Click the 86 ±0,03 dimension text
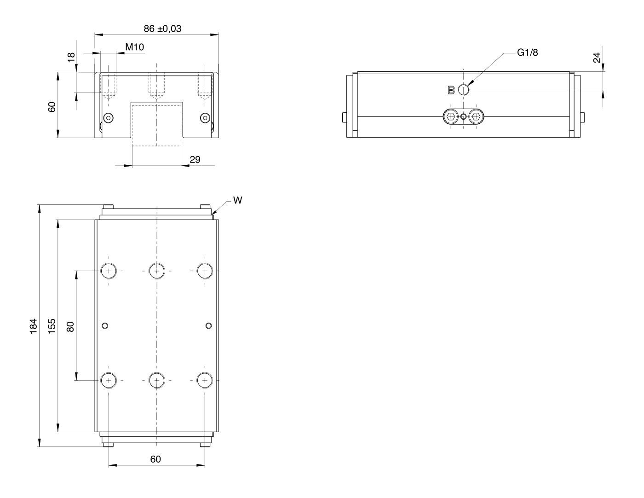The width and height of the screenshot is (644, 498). (162, 29)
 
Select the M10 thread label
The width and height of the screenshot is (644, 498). (134, 47)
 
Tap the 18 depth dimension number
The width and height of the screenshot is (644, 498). (71, 57)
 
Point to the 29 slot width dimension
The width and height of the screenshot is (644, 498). (195, 160)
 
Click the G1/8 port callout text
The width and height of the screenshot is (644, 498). (528, 52)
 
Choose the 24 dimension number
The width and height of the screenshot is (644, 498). (597, 58)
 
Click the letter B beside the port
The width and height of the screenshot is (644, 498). (451, 90)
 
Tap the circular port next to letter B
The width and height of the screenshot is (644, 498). (464, 90)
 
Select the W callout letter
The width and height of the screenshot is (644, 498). (238, 200)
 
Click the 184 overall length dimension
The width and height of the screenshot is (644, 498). (34, 326)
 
